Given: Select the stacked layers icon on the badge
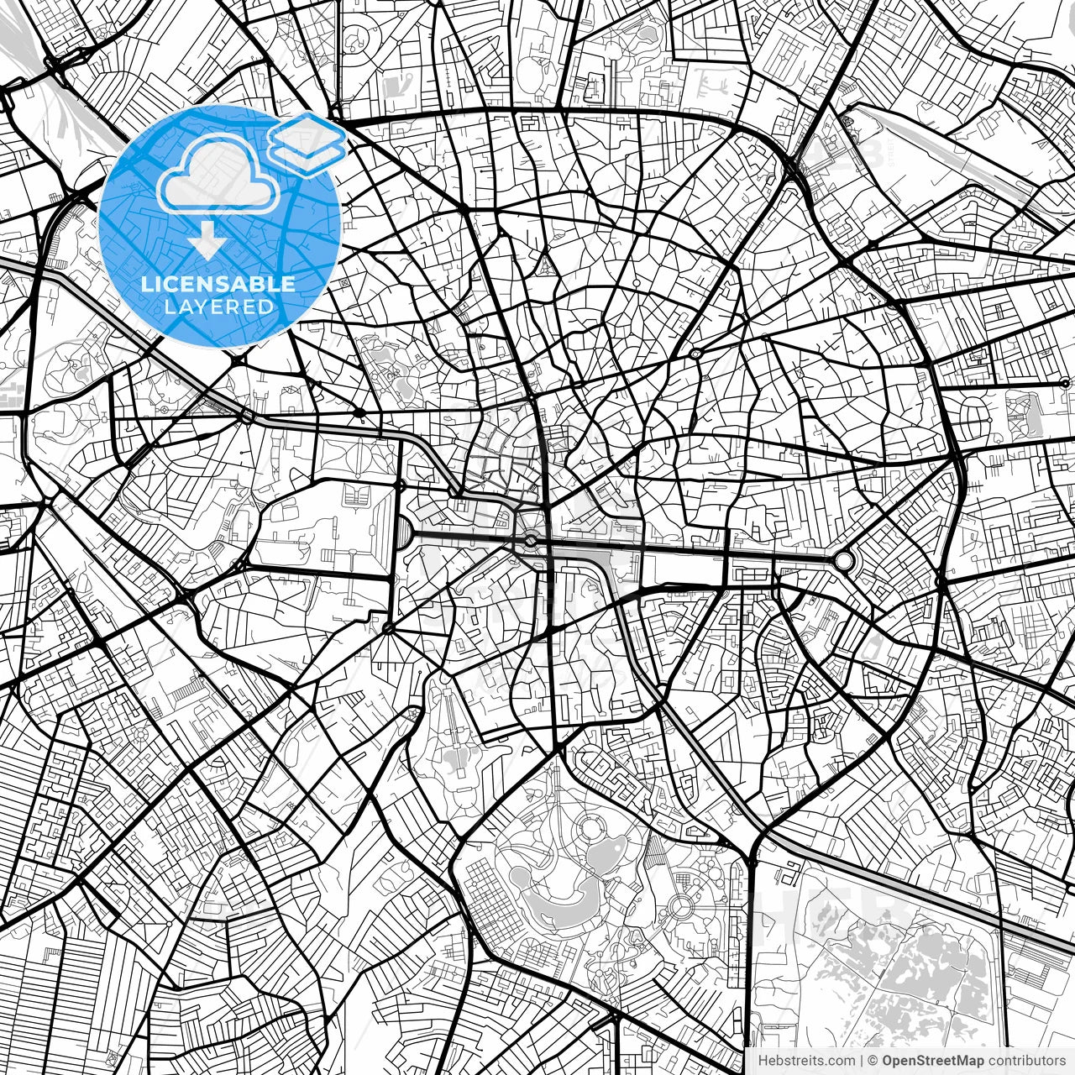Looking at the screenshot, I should pos(307,143).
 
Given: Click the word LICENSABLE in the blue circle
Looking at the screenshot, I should pos(218,284).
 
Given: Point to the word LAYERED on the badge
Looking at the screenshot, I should pos(218,307).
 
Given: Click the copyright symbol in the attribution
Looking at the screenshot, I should pos(873,1062).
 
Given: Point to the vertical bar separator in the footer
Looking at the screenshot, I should pos(862,1062).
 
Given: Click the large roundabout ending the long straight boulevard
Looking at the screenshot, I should pos(842,560).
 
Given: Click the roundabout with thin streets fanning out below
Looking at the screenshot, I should pos(388,628).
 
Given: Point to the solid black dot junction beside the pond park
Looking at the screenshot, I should pos(359,412).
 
